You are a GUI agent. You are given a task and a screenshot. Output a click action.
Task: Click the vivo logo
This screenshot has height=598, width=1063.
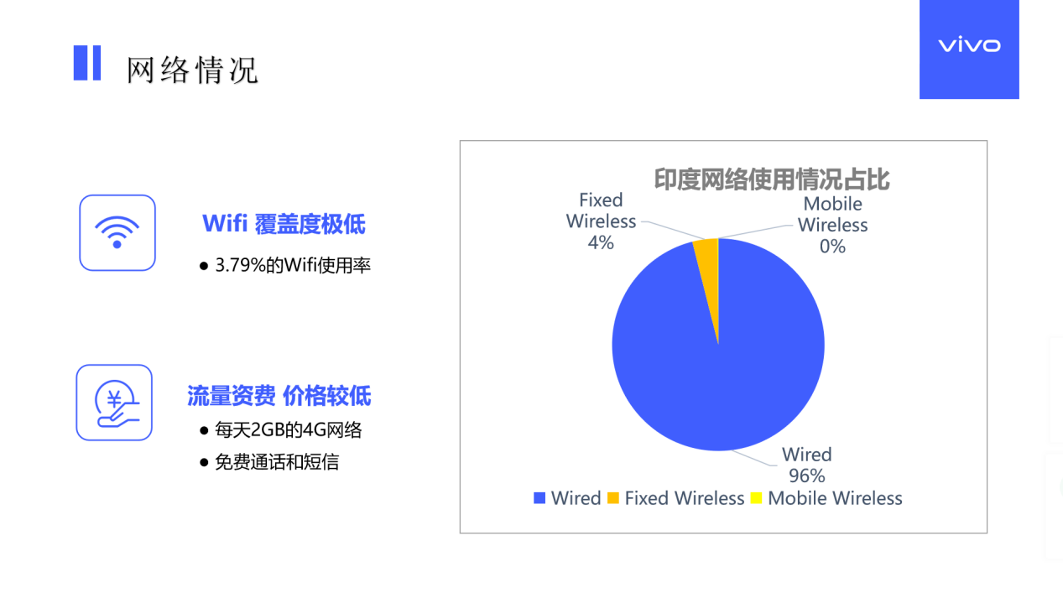969,45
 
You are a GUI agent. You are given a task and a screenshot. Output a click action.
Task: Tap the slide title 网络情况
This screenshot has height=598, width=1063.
192,70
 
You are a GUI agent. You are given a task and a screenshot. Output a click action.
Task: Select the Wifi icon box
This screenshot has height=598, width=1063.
117,233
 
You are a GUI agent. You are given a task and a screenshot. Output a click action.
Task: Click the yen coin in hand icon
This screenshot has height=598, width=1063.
114,403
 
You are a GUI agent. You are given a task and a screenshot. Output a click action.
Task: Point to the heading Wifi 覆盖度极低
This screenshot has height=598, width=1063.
284,224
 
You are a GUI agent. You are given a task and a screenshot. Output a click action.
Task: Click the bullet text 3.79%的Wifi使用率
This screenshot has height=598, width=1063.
292,266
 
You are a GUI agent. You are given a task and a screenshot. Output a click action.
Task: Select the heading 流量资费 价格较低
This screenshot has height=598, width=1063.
279,396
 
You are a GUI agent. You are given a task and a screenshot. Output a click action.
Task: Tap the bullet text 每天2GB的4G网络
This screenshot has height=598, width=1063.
288,430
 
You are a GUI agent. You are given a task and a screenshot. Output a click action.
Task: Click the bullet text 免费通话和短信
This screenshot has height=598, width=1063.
277,462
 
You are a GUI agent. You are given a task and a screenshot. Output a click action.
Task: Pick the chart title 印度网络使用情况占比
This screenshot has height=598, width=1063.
772,179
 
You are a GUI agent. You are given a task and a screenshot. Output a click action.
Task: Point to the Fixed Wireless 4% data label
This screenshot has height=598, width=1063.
601,221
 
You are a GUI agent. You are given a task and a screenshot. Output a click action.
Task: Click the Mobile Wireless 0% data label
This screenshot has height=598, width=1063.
832,225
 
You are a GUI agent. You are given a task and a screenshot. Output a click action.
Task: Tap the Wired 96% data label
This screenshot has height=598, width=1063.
807,465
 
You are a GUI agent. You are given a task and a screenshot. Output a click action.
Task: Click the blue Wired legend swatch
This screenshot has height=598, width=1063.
539,498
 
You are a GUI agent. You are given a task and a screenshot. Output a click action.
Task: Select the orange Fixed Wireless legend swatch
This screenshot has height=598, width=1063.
613,498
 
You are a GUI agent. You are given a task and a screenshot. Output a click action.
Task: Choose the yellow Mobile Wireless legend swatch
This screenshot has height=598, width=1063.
756,498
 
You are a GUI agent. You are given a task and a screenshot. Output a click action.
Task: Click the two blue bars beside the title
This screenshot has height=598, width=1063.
87,63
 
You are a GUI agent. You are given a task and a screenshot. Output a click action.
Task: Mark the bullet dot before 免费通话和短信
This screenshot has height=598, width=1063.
204,462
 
